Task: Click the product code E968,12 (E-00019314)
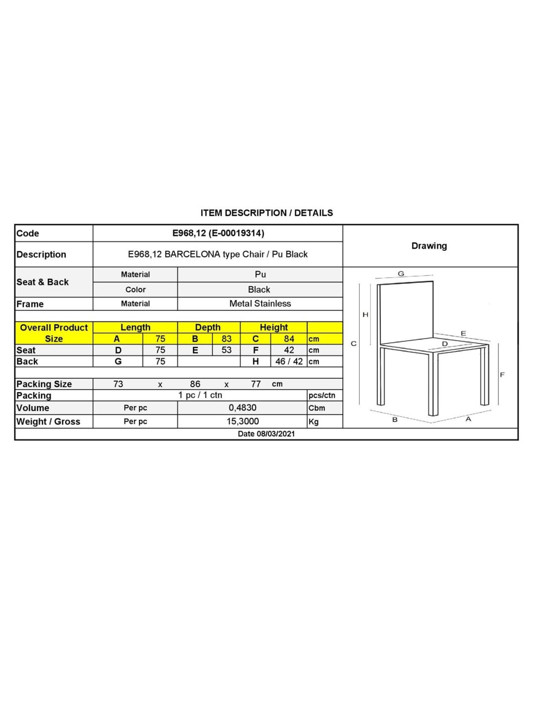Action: (x=218, y=233)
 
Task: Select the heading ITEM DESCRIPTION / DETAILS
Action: (x=267, y=213)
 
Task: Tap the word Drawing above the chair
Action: (x=429, y=246)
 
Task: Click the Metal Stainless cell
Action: (x=260, y=304)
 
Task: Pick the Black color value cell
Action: (x=259, y=289)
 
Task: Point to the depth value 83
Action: (x=227, y=339)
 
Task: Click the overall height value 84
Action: (x=289, y=339)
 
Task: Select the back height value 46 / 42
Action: (x=289, y=361)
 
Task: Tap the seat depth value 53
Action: (x=227, y=350)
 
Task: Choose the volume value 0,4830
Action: (x=242, y=408)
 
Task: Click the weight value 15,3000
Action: (x=242, y=421)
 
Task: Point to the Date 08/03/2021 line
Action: (x=266, y=434)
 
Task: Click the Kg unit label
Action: (x=314, y=422)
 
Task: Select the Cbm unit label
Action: (x=317, y=408)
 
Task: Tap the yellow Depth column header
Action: (x=208, y=327)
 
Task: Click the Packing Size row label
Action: (x=44, y=384)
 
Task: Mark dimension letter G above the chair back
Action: (x=401, y=273)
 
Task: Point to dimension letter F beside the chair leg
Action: (x=502, y=375)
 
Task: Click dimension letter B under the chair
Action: (x=395, y=420)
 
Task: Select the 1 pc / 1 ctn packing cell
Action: (x=200, y=395)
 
